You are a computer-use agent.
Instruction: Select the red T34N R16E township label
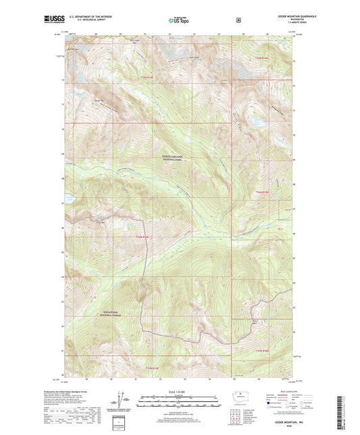pos(261,58)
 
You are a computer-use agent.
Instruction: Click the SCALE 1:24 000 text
pos(179,391)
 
